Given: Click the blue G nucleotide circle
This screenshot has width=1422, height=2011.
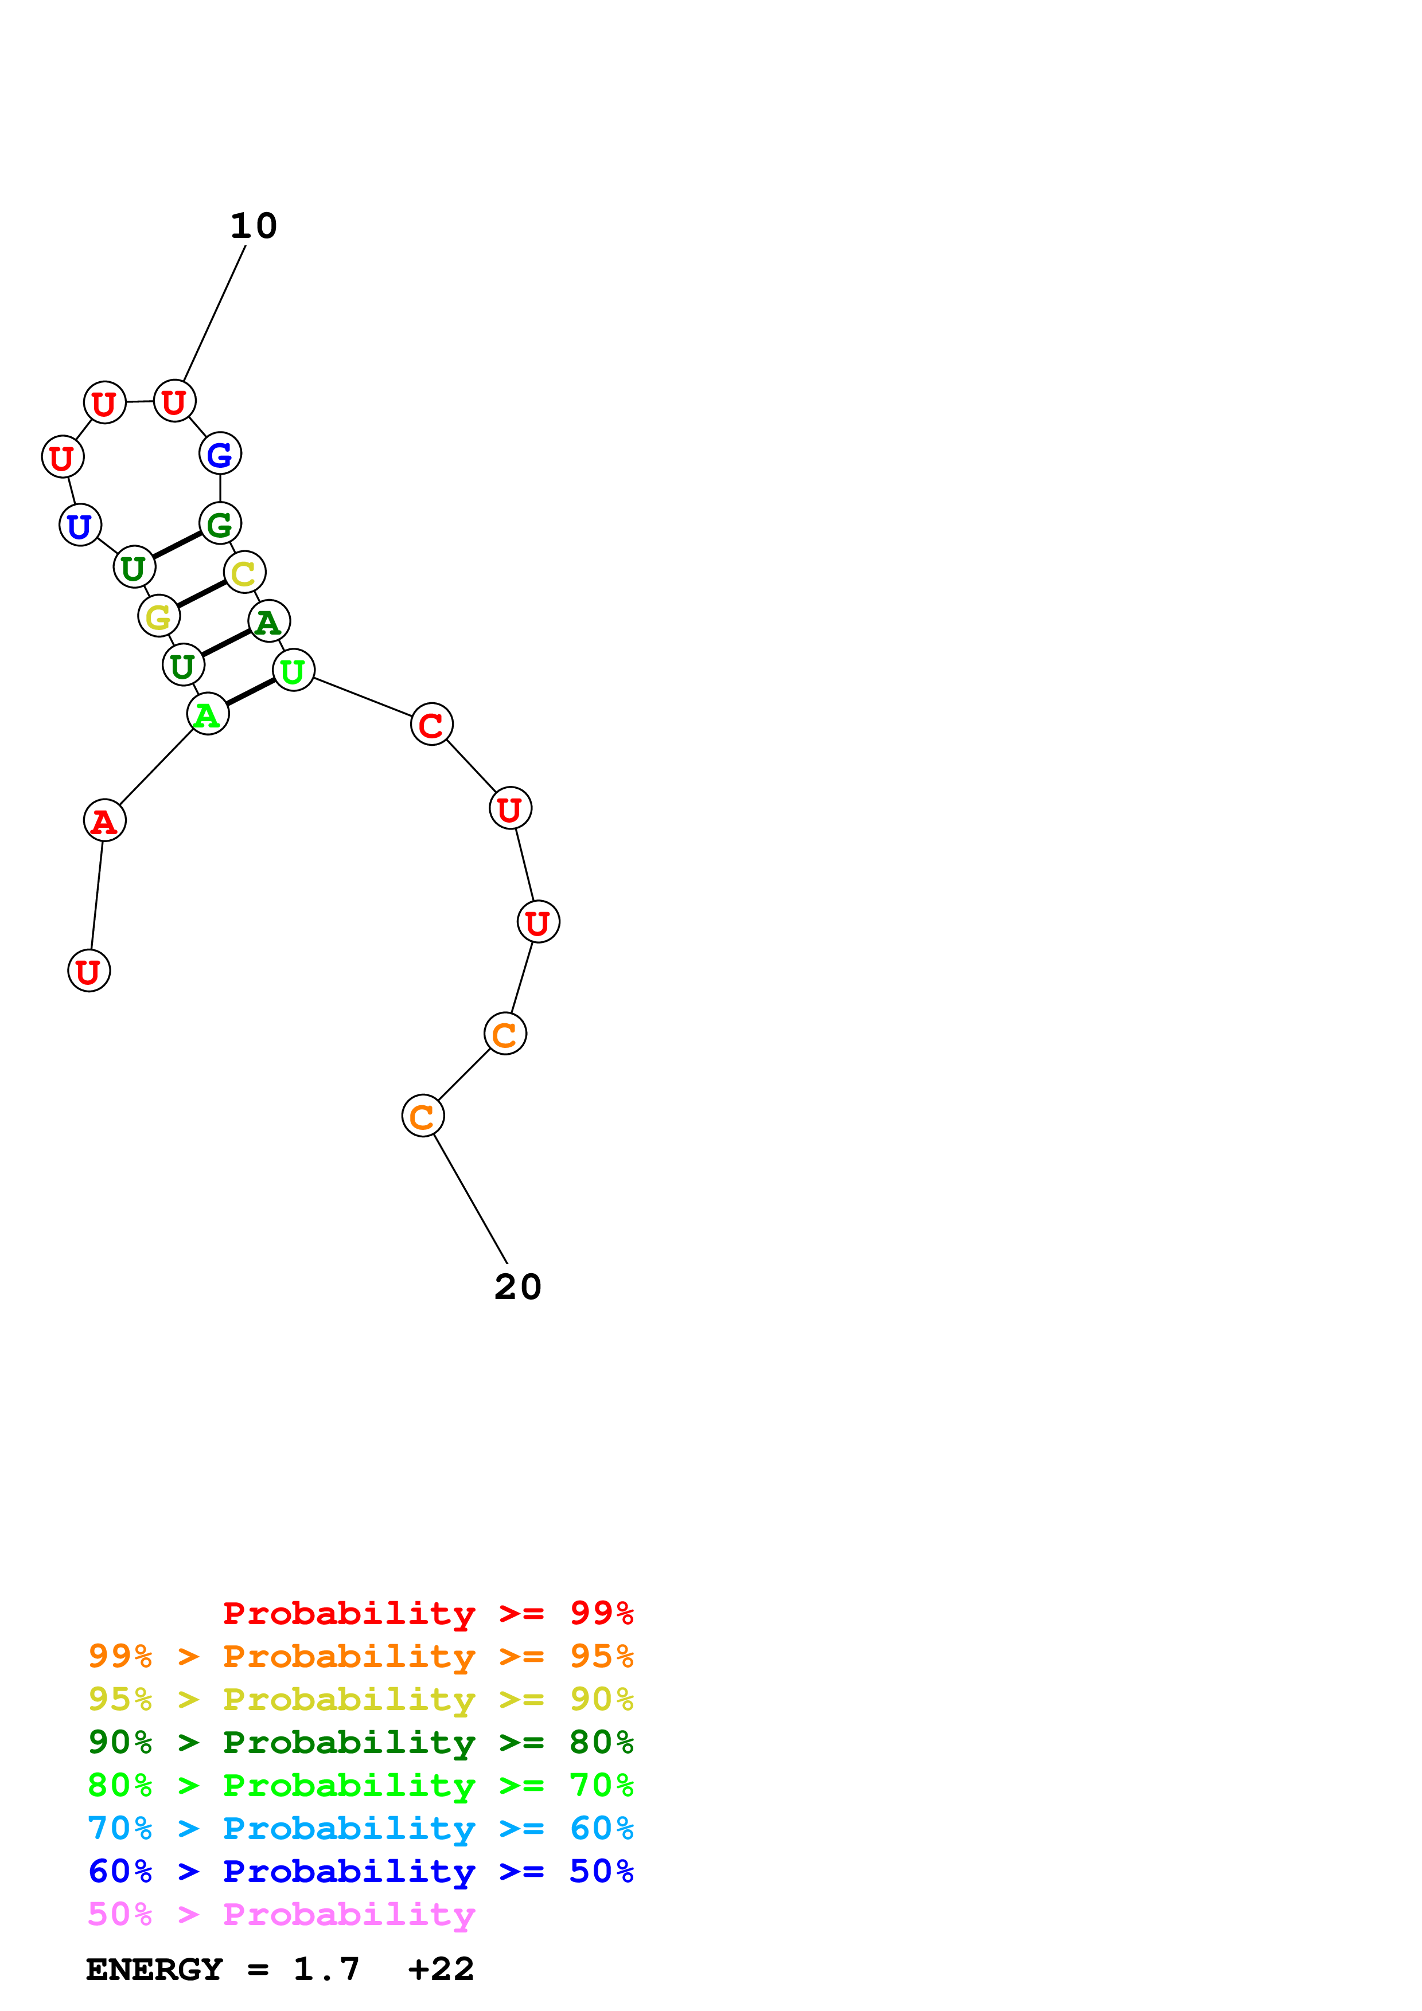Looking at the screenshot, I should pyautogui.click(x=220, y=453).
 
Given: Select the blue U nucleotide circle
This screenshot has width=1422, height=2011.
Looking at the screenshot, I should pyautogui.click(x=80, y=526).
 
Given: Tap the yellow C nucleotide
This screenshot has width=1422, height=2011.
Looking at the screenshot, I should pyautogui.click(x=244, y=573).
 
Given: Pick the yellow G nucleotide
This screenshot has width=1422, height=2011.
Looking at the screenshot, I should pyautogui.click(x=158, y=617).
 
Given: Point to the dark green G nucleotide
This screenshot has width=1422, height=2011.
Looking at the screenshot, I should pyautogui.click(x=220, y=524).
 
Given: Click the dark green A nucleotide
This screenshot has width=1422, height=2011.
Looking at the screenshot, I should pyautogui.click(x=269, y=622).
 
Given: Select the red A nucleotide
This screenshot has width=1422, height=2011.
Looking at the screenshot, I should pyautogui.click(x=104, y=821).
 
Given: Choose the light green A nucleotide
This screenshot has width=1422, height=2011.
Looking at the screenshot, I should pyautogui.click(x=208, y=715).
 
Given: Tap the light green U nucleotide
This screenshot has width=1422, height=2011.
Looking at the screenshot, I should pyautogui.click(x=294, y=671).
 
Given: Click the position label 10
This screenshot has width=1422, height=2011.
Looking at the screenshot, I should pyautogui.click(x=253, y=226).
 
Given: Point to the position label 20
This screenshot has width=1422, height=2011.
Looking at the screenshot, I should pyautogui.click(x=518, y=1286).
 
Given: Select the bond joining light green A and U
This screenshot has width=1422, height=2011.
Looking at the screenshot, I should pyautogui.click(x=251, y=692).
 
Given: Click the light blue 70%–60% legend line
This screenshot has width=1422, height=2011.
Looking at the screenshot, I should pyautogui.click(x=360, y=1828).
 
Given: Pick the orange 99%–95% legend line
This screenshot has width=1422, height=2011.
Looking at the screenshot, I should pyautogui.click(x=360, y=1656).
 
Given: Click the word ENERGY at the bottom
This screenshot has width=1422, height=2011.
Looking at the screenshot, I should pyautogui.click(x=154, y=1970).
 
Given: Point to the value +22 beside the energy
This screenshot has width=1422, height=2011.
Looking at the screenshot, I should pyautogui.click(x=441, y=1970).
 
